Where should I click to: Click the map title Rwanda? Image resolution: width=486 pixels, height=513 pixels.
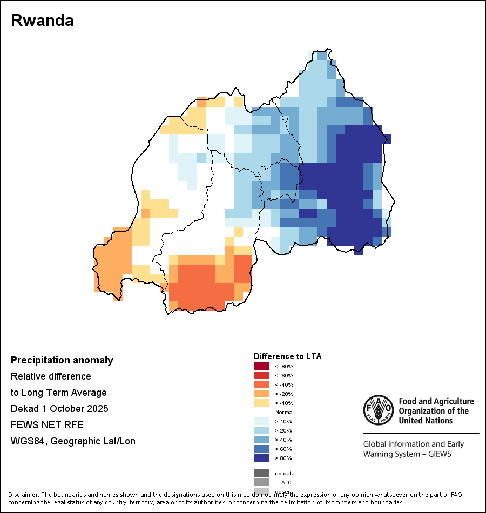42,21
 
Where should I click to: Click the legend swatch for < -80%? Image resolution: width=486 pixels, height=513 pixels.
261,366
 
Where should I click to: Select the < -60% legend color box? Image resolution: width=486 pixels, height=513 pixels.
261,375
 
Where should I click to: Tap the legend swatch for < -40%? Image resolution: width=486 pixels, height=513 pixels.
261,384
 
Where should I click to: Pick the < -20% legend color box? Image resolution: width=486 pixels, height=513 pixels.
261,394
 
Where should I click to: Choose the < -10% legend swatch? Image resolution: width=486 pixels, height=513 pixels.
261,403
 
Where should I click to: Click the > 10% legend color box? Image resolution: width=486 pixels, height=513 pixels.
261,421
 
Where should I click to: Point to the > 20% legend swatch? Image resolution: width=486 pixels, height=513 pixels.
261,430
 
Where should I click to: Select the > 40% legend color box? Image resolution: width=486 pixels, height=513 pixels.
261,440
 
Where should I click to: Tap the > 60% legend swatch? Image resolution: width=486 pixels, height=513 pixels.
261,449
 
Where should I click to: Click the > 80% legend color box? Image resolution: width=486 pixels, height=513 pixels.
261,458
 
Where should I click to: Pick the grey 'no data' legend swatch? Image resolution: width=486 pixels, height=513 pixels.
261,473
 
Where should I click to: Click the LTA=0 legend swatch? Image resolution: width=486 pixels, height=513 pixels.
261,482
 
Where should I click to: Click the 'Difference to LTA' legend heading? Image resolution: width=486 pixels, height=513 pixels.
287,356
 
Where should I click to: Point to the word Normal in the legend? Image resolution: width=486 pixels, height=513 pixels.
285,412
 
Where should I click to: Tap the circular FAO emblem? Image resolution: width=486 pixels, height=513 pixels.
379,409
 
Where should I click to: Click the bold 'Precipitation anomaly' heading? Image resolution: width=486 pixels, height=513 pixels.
62,360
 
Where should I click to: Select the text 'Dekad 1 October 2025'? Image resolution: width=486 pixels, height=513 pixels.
59,409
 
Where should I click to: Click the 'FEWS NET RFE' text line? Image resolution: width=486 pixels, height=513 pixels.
47,425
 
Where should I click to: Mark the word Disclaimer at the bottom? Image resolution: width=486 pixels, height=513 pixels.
23,495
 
